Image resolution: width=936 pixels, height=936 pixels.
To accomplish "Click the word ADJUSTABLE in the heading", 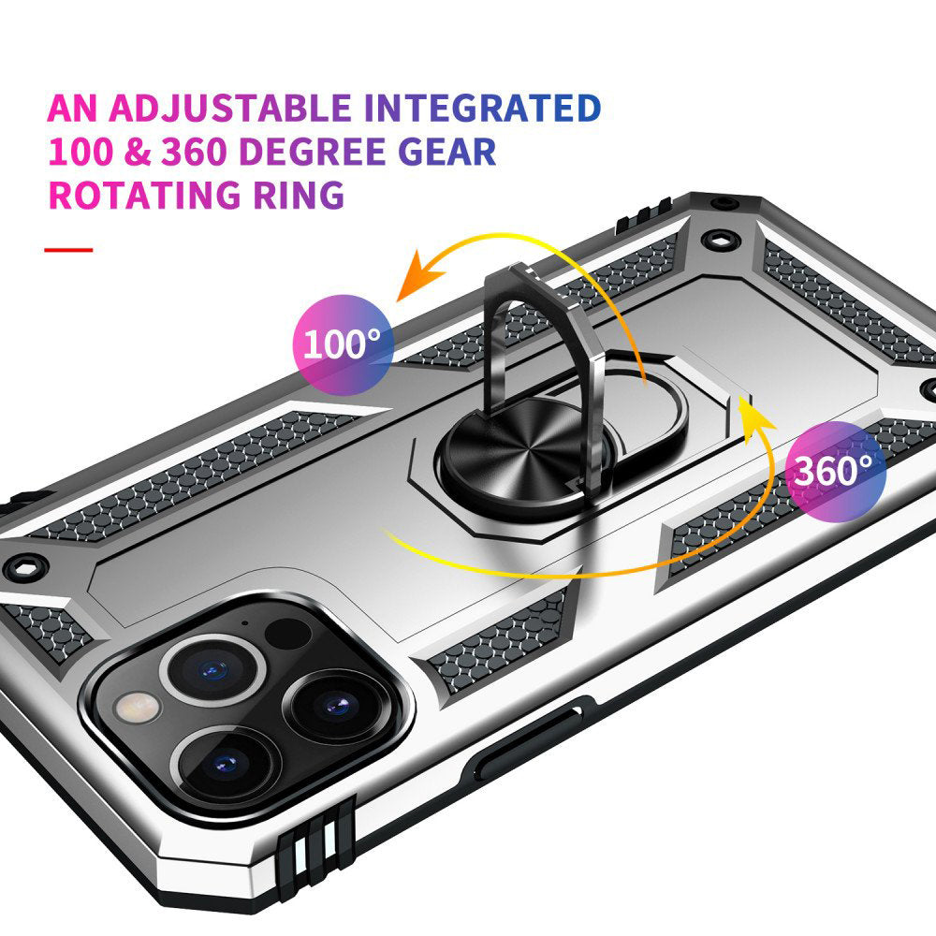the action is (x=230, y=108).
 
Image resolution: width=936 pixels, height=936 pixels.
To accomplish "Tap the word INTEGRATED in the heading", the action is (x=482, y=108).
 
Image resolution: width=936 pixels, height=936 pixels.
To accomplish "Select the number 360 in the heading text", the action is (x=194, y=152).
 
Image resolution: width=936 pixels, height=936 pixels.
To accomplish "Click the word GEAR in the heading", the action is (x=447, y=152).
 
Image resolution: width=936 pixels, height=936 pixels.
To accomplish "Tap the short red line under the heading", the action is (x=68, y=250).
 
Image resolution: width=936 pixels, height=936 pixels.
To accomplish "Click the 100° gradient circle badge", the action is (x=344, y=345).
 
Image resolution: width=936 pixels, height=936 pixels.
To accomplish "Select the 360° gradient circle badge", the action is (x=836, y=472).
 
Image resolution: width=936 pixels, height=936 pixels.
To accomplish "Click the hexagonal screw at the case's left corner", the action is (x=25, y=568).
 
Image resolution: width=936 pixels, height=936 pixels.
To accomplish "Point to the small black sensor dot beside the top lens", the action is (x=287, y=634).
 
